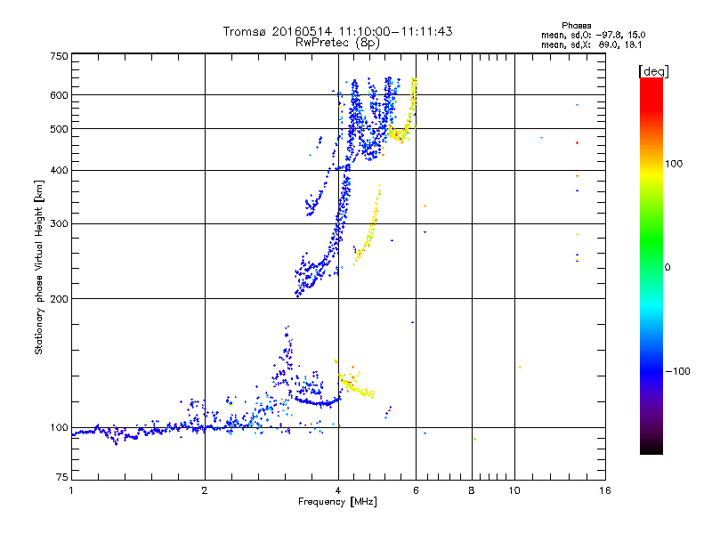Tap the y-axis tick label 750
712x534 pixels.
tap(60, 56)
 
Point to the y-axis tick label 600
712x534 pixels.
tap(60, 94)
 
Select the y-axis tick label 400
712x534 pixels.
tap(60, 170)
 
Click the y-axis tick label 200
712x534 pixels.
tap(60, 299)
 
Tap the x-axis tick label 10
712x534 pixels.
tap(514, 490)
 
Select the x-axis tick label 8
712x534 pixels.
tap(472, 490)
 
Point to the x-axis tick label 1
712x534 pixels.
tap(71, 490)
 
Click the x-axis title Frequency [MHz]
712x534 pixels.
tap(337, 503)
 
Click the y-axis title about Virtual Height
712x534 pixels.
tap(39, 268)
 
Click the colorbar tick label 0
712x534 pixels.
tap(667, 267)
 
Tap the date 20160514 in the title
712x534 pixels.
tap(309, 31)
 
